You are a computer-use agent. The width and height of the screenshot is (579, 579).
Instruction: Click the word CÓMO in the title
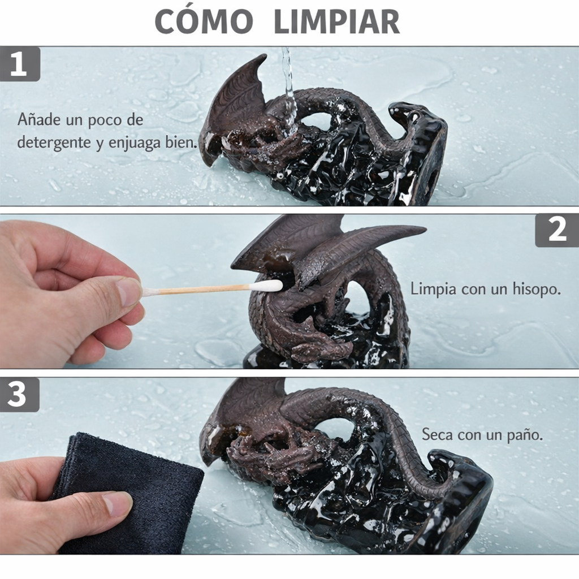(x=204, y=22)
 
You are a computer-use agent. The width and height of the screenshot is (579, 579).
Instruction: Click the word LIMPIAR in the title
(x=336, y=22)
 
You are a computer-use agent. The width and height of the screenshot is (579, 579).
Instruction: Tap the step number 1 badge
(x=19, y=64)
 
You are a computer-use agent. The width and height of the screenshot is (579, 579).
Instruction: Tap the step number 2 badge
(x=557, y=231)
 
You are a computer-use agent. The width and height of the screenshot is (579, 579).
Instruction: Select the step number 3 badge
(x=19, y=395)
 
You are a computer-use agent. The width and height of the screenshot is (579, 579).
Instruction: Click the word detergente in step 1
(x=51, y=141)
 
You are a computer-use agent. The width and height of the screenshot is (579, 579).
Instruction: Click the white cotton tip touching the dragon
(x=265, y=286)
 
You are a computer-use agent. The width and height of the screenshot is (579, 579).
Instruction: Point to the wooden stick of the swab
(x=198, y=289)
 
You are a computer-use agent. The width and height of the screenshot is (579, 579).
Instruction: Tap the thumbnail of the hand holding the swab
(x=129, y=291)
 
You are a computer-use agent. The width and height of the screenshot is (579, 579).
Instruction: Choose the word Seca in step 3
(x=437, y=435)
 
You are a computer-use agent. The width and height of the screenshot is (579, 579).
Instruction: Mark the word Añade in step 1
(x=38, y=120)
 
